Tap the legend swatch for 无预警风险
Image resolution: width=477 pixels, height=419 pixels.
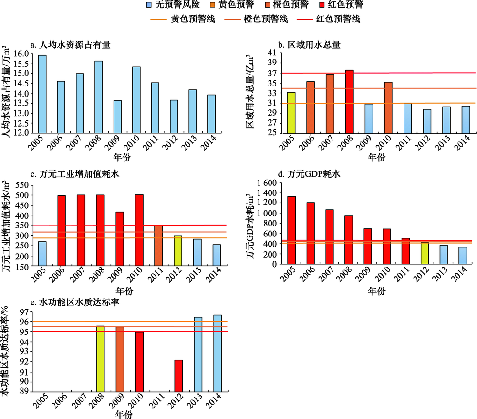tap(150, 7)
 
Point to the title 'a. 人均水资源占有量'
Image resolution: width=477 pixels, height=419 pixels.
tap(70, 45)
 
